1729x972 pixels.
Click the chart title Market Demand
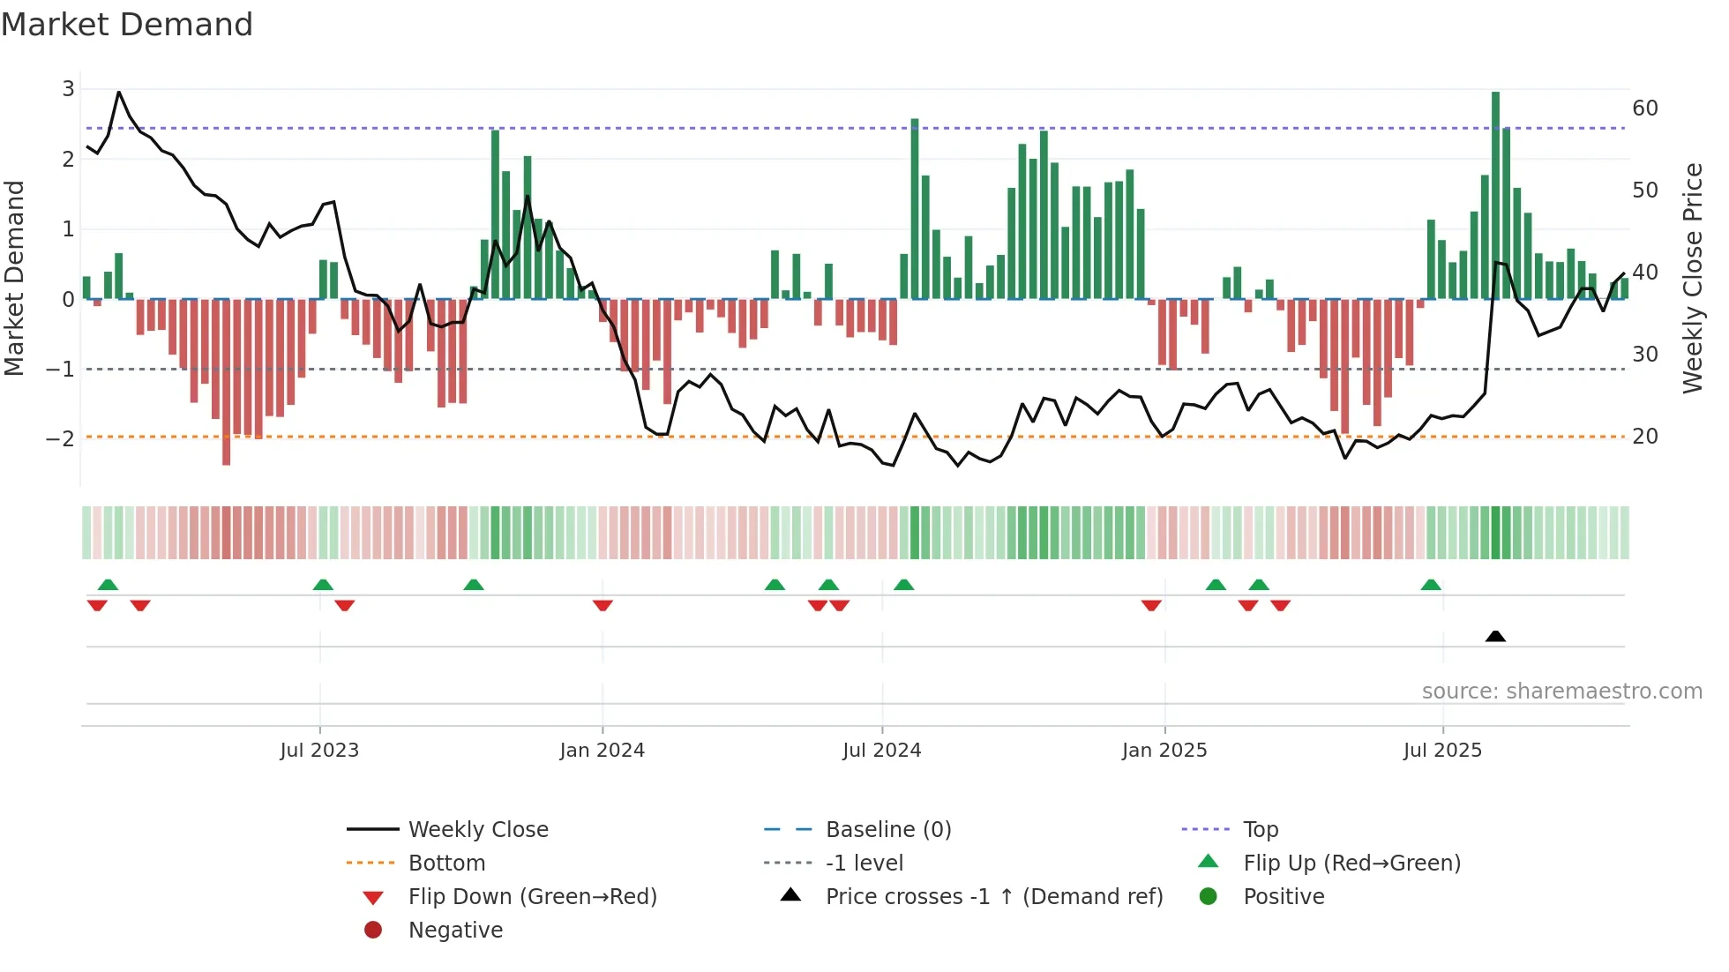(127, 25)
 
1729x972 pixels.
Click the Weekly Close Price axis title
(1692, 278)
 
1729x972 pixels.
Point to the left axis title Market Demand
(14, 278)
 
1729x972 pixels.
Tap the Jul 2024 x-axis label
(881, 751)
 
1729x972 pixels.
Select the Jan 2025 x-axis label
(1164, 751)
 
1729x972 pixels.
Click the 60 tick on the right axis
(1644, 108)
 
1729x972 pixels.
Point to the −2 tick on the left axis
(61, 438)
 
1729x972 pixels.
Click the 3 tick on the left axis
(68, 88)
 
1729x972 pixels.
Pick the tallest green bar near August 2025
(1495, 194)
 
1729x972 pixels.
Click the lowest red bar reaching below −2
(226, 384)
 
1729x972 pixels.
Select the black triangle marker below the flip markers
(1495, 636)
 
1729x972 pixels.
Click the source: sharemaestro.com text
(1561, 692)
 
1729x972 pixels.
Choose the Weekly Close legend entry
(477, 830)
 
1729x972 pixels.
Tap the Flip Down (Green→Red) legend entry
(532, 897)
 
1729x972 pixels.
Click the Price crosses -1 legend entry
(993, 897)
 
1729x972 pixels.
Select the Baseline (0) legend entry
(887, 830)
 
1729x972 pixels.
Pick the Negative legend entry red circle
(373, 931)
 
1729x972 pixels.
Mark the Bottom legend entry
(446, 864)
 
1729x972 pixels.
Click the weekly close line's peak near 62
(119, 92)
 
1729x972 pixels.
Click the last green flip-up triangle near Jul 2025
(1431, 585)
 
